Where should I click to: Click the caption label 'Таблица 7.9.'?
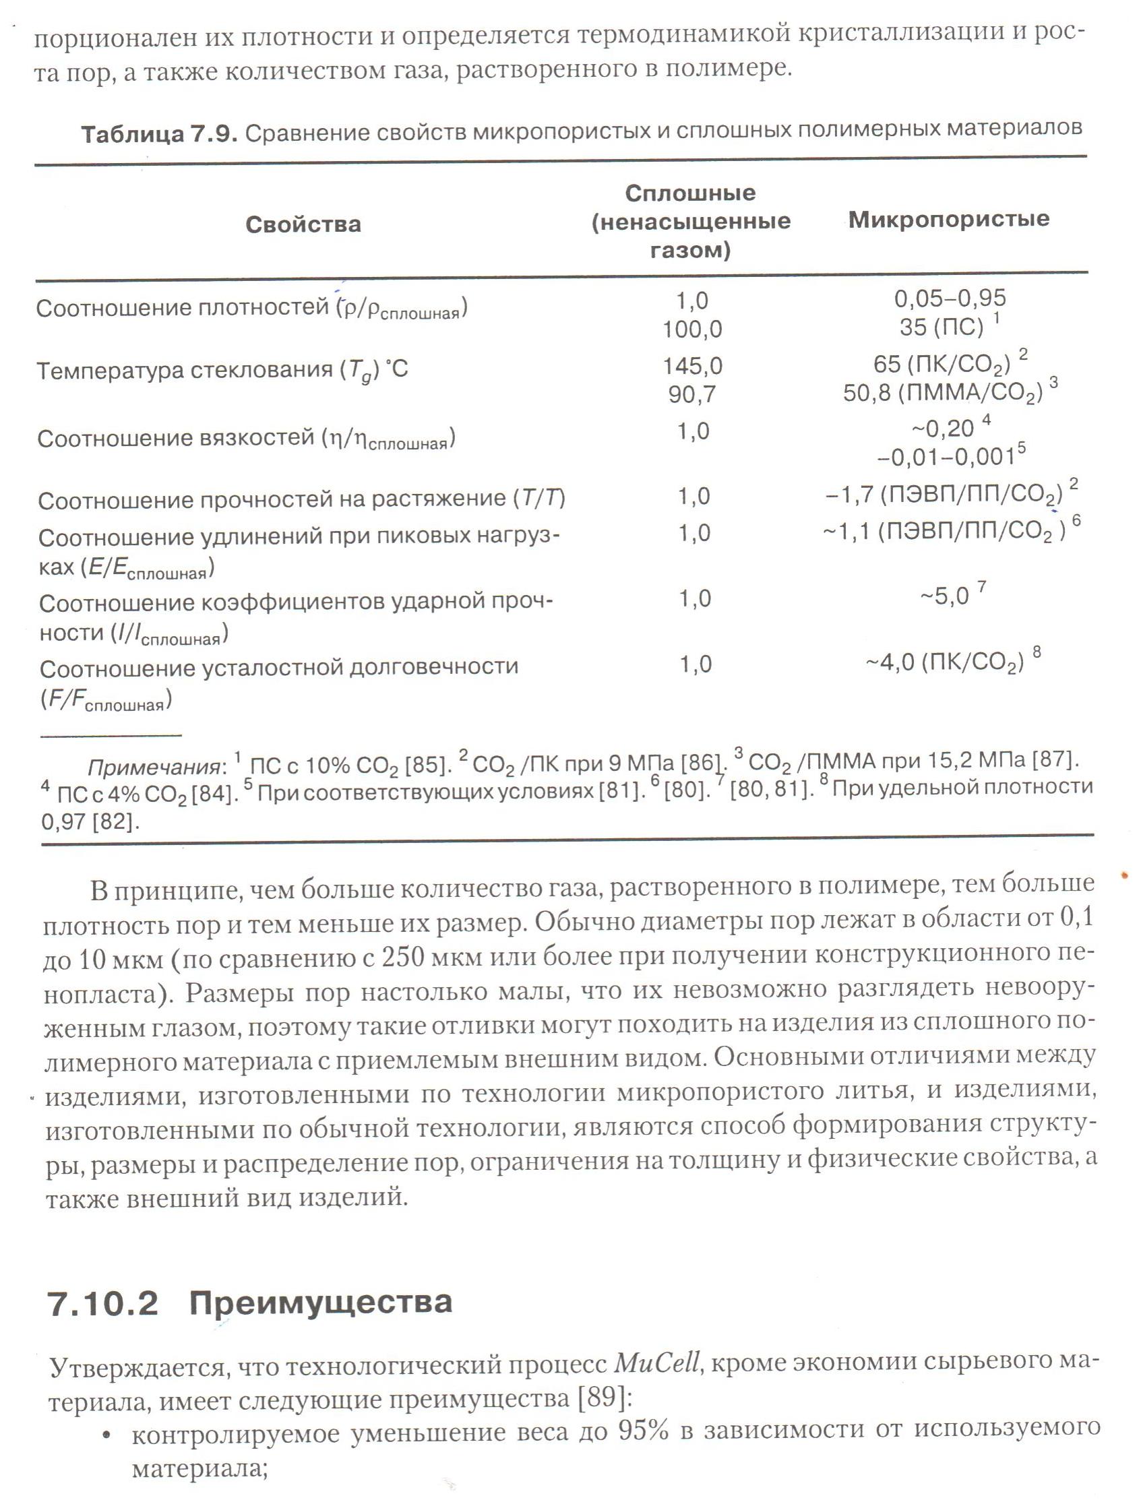[159, 135]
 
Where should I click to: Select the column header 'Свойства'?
[303, 225]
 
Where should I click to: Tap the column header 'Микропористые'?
[949, 219]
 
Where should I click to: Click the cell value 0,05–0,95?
[950, 298]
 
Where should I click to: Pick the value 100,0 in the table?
[692, 330]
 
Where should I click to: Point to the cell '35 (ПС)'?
[942, 327]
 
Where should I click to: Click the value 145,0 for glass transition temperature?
[692, 367]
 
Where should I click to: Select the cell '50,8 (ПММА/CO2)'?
[943, 393]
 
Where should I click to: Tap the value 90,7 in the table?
[692, 394]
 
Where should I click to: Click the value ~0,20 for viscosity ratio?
[942, 429]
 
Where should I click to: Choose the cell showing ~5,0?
[944, 597]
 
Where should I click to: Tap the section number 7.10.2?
[103, 1318]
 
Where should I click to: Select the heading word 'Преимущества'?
[321, 1317]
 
